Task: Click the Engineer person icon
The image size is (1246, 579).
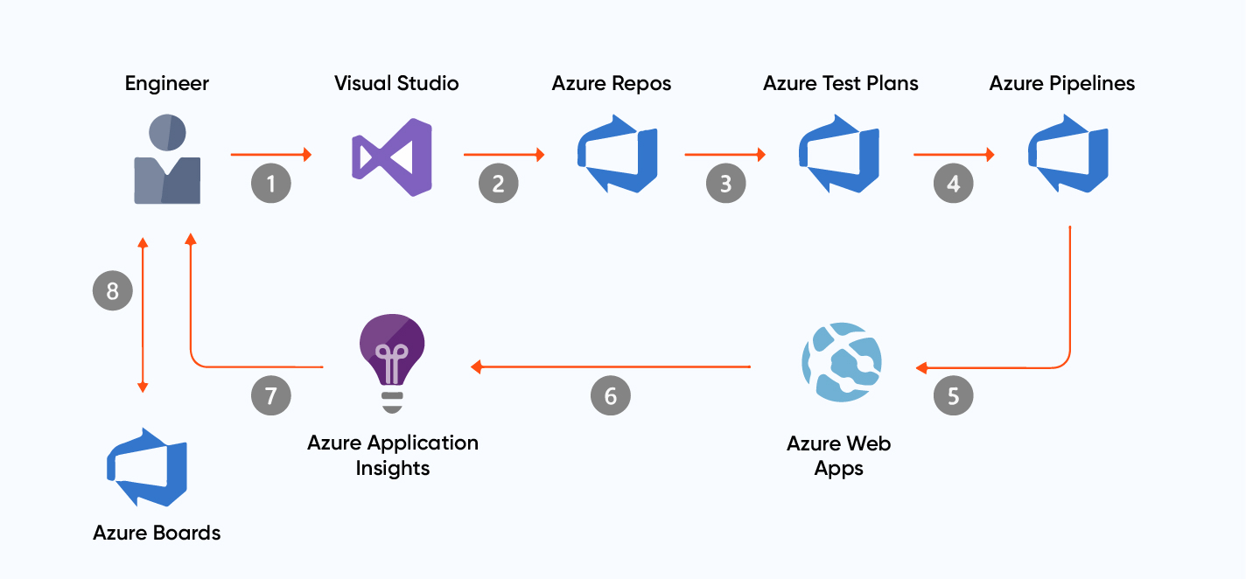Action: [167, 159]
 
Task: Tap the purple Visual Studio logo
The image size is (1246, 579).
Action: [392, 158]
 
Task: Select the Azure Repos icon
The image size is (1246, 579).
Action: [617, 154]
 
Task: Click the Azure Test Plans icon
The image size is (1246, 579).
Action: [838, 154]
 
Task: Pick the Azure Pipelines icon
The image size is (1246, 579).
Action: [1067, 154]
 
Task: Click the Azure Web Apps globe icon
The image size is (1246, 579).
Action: [841, 362]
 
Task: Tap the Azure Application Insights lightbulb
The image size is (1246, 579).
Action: [392, 362]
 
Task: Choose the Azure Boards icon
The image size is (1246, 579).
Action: [147, 467]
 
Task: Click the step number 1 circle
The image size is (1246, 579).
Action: [271, 184]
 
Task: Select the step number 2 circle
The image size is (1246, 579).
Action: [498, 184]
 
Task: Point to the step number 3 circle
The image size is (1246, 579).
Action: [725, 184]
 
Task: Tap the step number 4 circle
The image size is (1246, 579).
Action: [953, 184]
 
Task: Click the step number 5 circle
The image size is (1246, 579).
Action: [953, 395]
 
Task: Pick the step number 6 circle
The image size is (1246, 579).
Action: [610, 395]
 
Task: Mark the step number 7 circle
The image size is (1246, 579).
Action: [271, 395]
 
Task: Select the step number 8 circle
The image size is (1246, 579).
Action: [113, 290]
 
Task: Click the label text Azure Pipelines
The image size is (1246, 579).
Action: [1062, 84]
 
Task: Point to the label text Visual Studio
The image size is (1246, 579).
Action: [396, 84]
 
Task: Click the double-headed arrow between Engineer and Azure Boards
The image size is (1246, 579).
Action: [143, 315]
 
